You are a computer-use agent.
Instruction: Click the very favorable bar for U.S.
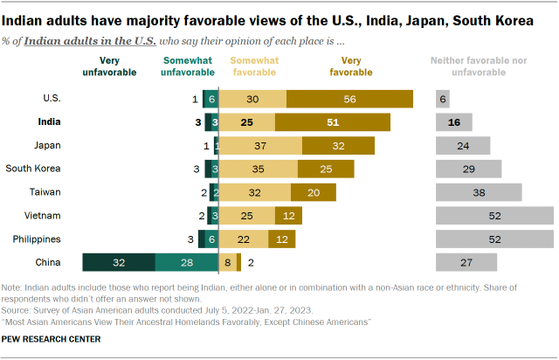pos(349,100)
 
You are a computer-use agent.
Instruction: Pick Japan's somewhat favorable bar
pos(259,145)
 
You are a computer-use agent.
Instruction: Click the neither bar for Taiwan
pos(478,192)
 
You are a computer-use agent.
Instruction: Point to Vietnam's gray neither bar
pos(493,215)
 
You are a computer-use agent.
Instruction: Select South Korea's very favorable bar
pos(326,169)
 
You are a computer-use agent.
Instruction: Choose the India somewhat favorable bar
pos(246,122)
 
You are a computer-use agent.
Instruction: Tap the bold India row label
pos(49,122)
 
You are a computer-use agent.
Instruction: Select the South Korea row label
pos(33,169)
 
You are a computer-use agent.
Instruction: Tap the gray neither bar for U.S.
pos(444,100)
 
